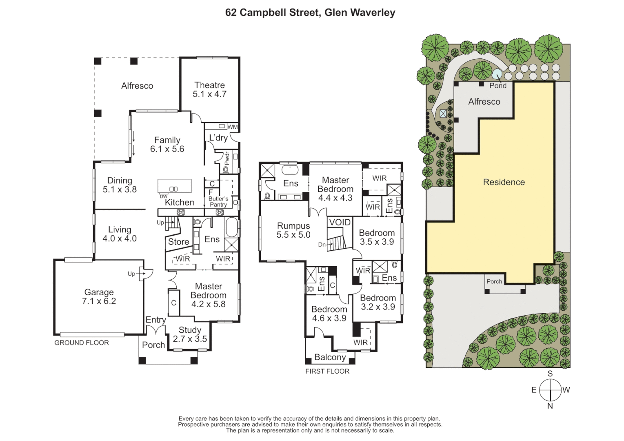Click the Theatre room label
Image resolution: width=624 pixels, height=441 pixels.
[209, 89]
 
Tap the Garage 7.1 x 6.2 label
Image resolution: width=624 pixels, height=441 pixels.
[99, 297]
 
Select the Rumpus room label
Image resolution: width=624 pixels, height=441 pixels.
[293, 230]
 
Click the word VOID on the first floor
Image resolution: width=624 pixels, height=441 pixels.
[340, 222]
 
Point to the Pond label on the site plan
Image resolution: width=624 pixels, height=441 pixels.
[497, 86]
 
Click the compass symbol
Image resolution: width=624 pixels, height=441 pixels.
[550, 390]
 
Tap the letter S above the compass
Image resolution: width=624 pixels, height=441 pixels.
[550, 374]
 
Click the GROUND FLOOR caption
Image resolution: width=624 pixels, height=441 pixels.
[82, 343]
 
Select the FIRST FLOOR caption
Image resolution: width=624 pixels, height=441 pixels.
[327, 371]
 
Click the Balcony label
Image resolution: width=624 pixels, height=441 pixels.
[330, 357]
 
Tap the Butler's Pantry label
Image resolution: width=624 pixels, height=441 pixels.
[218, 202]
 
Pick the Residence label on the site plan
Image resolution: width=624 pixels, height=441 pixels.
[504, 182]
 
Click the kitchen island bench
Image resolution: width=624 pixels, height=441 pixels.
[175, 185]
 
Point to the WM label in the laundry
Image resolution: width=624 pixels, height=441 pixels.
[233, 127]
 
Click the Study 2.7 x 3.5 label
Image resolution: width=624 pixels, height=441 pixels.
[190, 334]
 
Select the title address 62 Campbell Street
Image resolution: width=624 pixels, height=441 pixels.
[310, 13]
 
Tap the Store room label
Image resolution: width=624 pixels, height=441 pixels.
[178, 242]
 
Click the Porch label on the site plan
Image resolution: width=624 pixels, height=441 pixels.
[494, 281]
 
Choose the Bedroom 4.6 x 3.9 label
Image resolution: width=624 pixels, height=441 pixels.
[329, 314]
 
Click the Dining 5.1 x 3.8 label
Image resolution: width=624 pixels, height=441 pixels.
[120, 185]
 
